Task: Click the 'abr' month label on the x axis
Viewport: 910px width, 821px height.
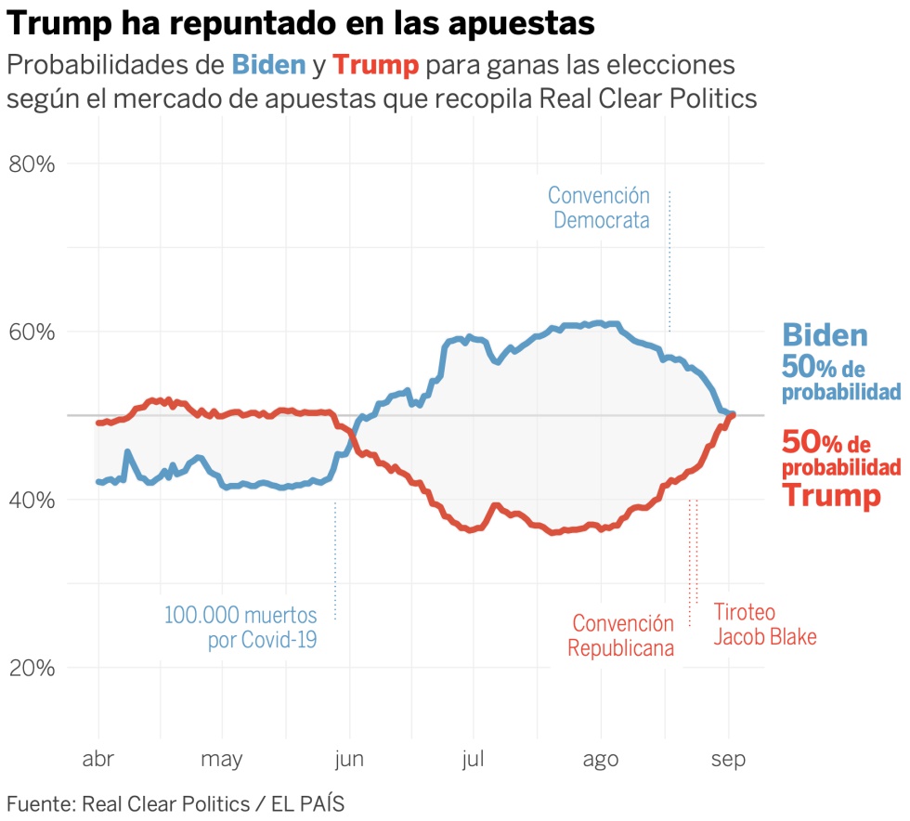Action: pos(97,760)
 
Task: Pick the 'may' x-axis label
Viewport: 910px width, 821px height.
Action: pos(222,760)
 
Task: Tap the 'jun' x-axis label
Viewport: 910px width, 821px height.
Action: pos(349,760)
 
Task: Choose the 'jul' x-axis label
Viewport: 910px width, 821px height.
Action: pos(473,760)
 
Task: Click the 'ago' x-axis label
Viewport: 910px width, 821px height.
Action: pos(600,760)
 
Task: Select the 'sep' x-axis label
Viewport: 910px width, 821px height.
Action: pos(728,760)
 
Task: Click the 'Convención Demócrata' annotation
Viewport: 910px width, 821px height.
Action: pos(600,208)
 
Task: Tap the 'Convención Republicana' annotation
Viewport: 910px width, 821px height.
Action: pos(621,635)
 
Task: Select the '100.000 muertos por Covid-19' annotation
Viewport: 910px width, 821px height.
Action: pos(241,627)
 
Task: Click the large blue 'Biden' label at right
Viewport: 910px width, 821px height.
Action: pos(825,335)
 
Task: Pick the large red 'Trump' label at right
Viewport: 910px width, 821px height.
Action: pos(830,495)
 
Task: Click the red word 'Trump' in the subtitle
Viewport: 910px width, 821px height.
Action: pos(376,65)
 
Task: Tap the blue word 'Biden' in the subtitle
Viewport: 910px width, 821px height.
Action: pos(268,65)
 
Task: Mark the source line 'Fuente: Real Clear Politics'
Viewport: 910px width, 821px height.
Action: pos(175,803)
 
